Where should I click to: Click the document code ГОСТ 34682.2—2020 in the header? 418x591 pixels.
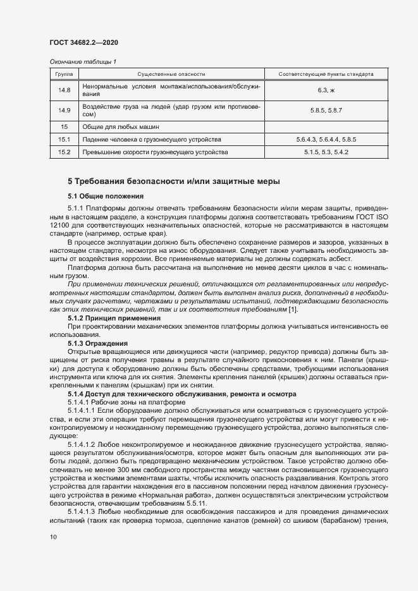pos(83,42)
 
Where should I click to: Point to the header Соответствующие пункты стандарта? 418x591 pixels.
pos(326,74)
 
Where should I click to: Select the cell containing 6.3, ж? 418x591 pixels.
pos(326,90)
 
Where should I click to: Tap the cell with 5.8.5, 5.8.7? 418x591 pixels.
pos(326,111)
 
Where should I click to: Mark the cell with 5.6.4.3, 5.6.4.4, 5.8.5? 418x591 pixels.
pos(326,139)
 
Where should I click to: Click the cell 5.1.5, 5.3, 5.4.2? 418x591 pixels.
pos(326,152)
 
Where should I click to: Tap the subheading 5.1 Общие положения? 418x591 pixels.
pos(106,197)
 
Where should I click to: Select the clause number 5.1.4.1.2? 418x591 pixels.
pos(84,444)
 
